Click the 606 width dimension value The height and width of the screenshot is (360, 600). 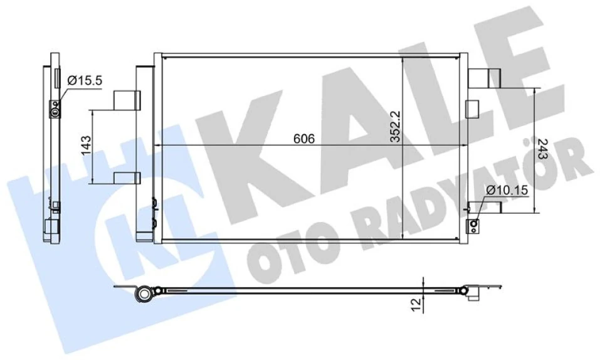tap(303, 139)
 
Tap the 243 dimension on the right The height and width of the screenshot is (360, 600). tap(542, 150)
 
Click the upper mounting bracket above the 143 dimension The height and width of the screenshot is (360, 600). tap(127, 100)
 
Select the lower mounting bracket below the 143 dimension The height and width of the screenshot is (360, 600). tap(127, 177)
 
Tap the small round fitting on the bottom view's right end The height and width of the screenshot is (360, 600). tap(465, 290)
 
